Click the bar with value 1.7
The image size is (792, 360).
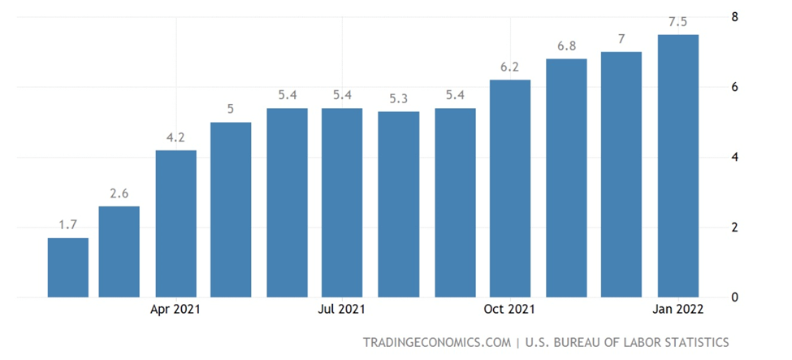(68, 267)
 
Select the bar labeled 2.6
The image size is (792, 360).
(119, 252)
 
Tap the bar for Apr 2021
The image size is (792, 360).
(176, 223)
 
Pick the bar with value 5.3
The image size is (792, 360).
(398, 204)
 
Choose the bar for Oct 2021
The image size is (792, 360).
(509, 189)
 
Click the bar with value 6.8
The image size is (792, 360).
(566, 178)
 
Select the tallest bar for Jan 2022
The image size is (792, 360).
(677, 166)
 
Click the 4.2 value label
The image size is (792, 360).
(176, 138)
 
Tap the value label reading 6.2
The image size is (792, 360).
(509, 67)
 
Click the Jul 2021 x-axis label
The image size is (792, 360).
(342, 310)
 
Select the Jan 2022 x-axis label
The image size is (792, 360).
(677, 310)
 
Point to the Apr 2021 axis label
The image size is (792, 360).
(176, 310)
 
